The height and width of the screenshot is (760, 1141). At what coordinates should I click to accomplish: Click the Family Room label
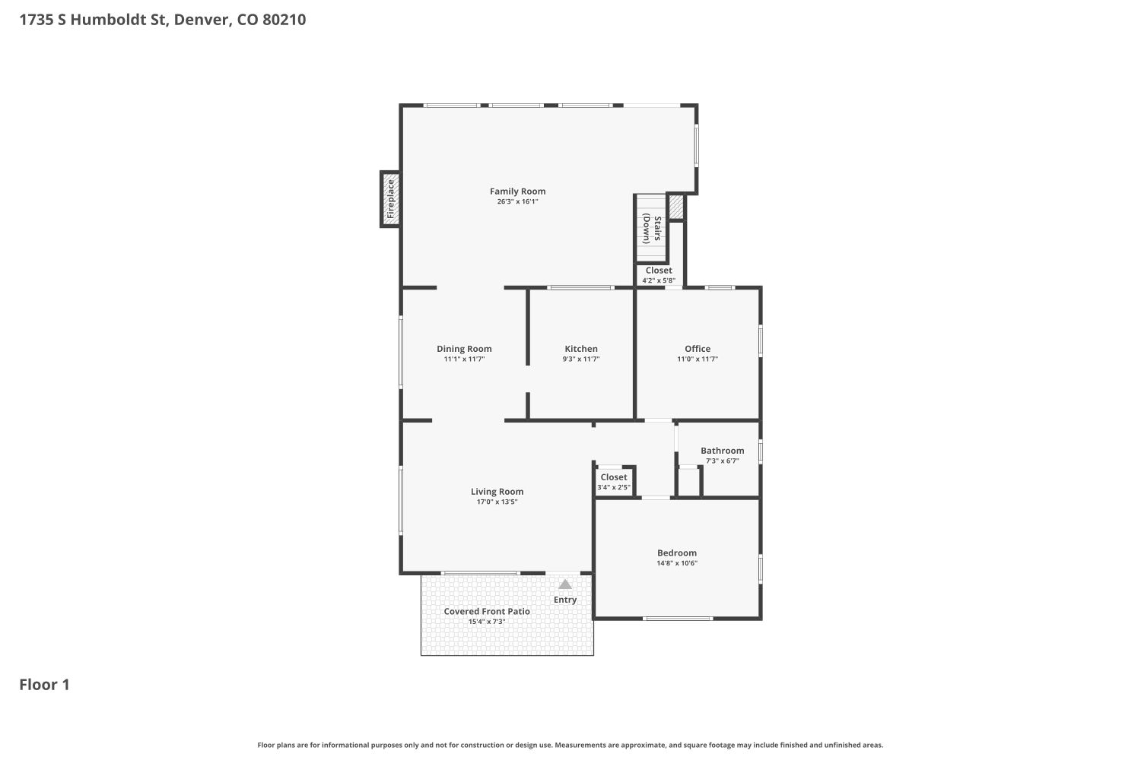pos(517,192)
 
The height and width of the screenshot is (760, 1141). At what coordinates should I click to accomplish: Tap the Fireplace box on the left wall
pos(390,199)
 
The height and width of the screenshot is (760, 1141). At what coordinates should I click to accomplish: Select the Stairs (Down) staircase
pos(651,228)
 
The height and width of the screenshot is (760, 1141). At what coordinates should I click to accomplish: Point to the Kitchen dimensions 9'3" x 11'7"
pos(580,359)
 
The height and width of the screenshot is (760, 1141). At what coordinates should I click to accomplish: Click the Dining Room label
pos(464,349)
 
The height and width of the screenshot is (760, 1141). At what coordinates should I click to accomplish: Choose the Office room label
pos(698,349)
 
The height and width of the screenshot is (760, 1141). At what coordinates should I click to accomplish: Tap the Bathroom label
pos(723,451)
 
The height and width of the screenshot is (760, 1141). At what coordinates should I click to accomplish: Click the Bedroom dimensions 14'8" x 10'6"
pos(677,563)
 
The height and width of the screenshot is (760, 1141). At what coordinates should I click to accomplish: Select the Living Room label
pos(497,492)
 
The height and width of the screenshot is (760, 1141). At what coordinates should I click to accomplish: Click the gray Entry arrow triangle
pos(565,584)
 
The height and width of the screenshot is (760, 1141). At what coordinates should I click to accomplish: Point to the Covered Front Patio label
pos(487,611)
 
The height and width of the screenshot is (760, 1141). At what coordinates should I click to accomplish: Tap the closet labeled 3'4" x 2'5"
pos(614,482)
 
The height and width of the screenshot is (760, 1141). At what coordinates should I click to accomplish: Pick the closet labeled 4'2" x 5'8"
pos(659,275)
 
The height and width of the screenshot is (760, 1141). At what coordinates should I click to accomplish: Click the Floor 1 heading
pos(44,685)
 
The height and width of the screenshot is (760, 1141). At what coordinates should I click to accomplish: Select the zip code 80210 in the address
pos(284,20)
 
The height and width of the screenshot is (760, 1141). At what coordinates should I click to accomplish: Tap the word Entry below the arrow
pos(565,600)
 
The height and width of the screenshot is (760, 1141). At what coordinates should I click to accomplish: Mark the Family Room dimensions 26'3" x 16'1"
pos(517,201)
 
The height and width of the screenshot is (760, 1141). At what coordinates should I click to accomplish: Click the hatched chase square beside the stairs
pos(675,207)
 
